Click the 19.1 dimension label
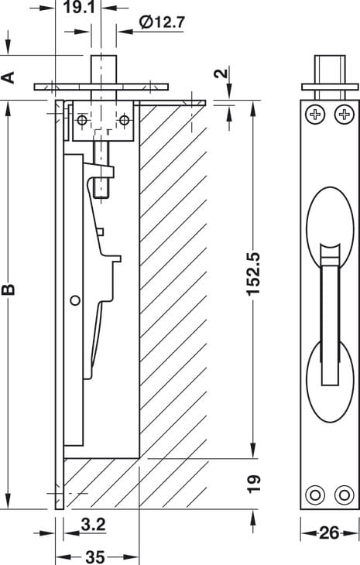79,7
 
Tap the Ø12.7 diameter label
162,22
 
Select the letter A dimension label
8,77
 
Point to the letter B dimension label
8,289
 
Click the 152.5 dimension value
253,274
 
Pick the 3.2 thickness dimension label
93,524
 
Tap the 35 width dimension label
95,557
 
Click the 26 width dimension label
329,532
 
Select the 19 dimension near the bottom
254,484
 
